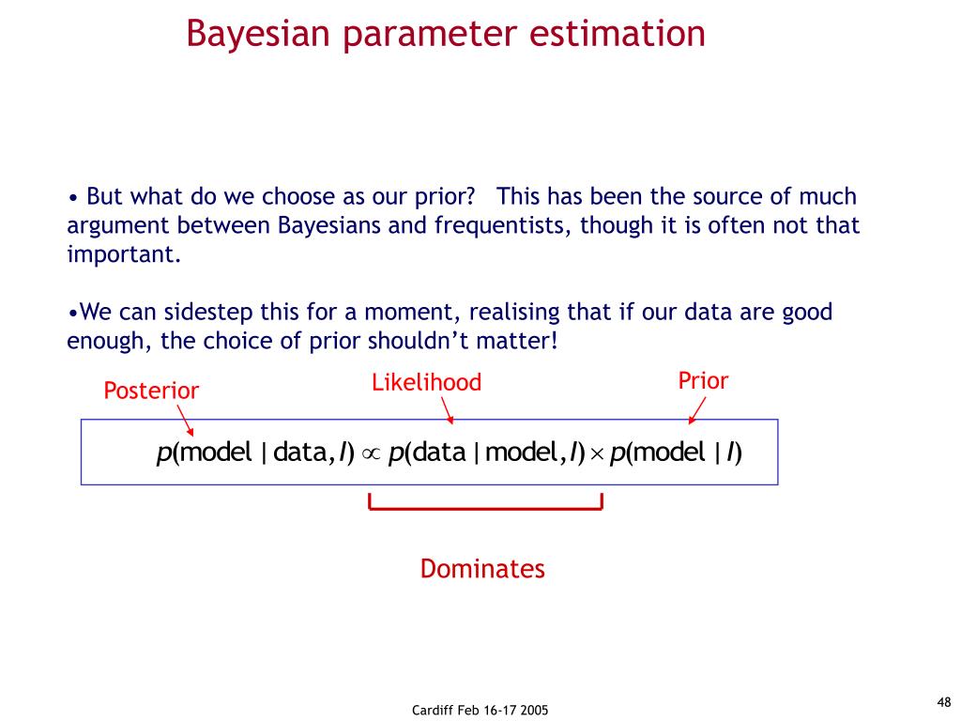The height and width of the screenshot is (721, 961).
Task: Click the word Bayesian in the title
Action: [x=258, y=34]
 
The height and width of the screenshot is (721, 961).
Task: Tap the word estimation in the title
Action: [x=618, y=33]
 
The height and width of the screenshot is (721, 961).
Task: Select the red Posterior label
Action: [x=151, y=391]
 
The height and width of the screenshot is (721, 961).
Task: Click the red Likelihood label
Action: [x=427, y=382]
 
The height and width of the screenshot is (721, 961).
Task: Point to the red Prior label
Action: [x=703, y=381]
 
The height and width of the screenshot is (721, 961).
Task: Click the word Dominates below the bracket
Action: [x=482, y=568]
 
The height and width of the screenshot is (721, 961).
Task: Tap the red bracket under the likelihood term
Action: [x=485, y=508]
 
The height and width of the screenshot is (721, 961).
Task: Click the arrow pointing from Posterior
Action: [x=186, y=421]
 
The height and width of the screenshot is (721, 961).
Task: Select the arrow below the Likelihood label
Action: [x=448, y=410]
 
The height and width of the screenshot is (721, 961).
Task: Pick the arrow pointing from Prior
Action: [x=697, y=410]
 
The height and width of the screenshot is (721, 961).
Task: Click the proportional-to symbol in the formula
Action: [x=371, y=453]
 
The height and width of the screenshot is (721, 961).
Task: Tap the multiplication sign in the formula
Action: [x=598, y=454]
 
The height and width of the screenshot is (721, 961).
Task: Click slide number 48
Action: [x=944, y=702]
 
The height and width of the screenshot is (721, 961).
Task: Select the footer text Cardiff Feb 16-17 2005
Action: [x=480, y=710]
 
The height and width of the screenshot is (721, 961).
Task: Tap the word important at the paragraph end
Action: [x=124, y=254]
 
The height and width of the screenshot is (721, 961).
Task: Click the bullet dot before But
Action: [x=73, y=199]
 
